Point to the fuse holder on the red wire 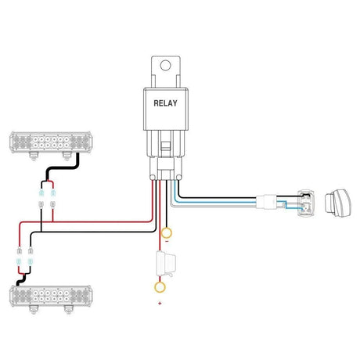point(165,264)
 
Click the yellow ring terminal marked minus point(166,232)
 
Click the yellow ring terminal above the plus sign point(160,287)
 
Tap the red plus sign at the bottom point(160,303)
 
